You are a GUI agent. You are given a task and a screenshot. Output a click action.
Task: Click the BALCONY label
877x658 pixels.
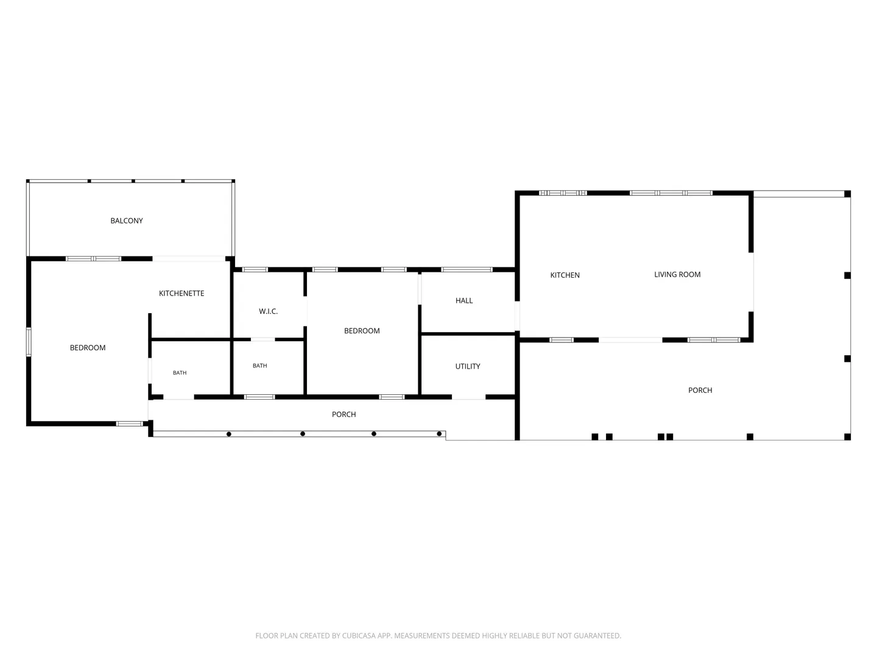(127, 221)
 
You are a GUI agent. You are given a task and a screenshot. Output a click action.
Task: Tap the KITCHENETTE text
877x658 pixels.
(181, 293)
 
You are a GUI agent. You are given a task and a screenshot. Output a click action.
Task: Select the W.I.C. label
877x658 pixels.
(268, 311)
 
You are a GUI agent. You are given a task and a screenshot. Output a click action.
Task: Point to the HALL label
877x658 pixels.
(464, 300)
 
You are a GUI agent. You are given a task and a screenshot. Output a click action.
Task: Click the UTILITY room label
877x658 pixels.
(468, 366)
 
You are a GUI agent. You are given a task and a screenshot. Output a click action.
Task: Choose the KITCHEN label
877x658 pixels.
(565, 275)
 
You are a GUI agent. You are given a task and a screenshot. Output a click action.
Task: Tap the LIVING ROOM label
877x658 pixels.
(677, 274)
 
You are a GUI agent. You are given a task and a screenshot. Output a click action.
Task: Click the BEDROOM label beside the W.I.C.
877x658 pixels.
(362, 331)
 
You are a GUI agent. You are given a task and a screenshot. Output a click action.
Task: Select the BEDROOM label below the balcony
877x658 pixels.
(88, 347)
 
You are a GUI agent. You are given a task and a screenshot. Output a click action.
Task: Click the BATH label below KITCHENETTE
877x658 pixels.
(180, 373)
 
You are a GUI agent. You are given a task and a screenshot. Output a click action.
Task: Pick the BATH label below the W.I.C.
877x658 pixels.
(259, 366)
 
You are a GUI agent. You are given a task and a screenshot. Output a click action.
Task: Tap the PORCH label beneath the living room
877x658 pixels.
(700, 391)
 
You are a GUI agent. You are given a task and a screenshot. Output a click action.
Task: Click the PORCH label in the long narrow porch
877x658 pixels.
(343, 414)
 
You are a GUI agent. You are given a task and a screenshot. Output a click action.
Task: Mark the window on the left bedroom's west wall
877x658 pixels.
(29, 342)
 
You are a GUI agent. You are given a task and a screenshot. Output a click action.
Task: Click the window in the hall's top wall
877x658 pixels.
(467, 270)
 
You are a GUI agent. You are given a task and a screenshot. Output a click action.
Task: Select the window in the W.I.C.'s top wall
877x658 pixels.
(255, 270)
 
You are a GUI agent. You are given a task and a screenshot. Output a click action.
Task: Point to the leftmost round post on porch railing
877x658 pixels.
(229, 434)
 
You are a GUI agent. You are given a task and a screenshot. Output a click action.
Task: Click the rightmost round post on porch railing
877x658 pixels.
(439, 434)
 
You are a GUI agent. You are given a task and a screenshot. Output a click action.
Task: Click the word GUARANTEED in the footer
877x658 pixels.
(597, 635)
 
